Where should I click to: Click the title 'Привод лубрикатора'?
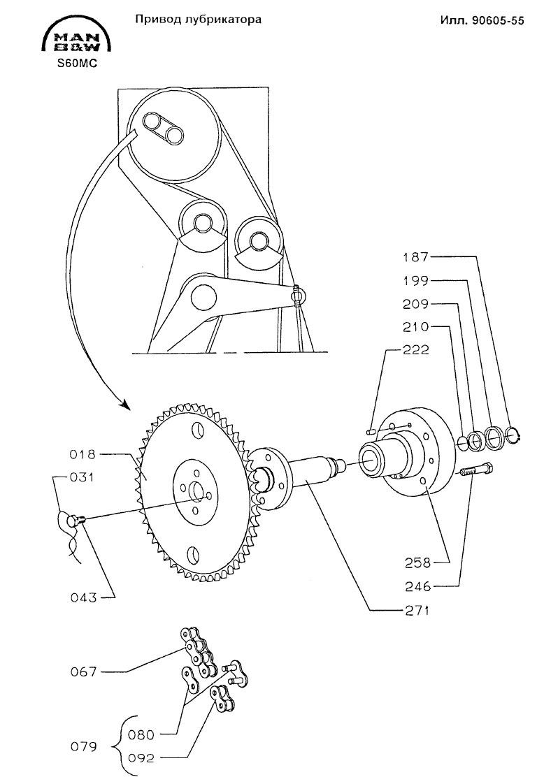click(198, 20)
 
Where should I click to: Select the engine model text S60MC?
click(77, 64)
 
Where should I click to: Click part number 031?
click(81, 477)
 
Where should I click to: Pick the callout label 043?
click(84, 597)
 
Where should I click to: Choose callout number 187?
click(417, 258)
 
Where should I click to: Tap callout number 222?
click(417, 349)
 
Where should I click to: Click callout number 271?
click(417, 610)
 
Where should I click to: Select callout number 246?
click(418, 586)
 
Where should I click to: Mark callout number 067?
click(84, 672)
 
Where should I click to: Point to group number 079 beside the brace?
click(84, 746)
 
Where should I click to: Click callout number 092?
click(141, 758)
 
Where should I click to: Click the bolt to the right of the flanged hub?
click(476, 471)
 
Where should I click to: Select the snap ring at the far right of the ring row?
click(515, 435)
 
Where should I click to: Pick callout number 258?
click(418, 563)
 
